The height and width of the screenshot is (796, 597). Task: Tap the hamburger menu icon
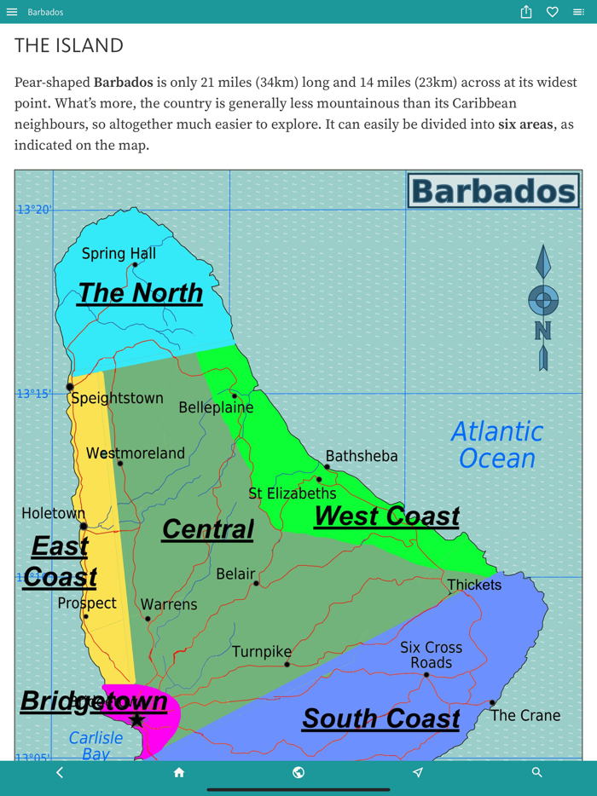pos(12,12)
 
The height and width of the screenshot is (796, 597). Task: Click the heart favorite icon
pos(553,12)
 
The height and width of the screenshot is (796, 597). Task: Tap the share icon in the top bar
pos(526,12)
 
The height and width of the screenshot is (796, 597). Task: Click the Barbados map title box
pos(493,191)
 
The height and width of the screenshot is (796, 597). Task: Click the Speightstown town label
pos(117,399)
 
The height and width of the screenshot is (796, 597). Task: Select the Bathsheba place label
pos(362,456)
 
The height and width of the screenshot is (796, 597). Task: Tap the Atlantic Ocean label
pos(496,445)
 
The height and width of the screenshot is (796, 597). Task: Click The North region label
pos(140,293)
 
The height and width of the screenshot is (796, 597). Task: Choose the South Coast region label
pos(380,718)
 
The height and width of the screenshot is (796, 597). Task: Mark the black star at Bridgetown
pos(136,720)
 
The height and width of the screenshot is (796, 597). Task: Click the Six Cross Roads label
pos(431,655)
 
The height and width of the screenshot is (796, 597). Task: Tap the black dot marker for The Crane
pos(492,703)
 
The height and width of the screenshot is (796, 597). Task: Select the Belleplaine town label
pos(216,407)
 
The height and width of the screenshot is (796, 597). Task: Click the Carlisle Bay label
pos(96,746)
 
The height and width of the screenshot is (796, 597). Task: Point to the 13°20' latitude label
pos(34,210)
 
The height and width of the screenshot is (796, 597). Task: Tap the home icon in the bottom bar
pos(179,772)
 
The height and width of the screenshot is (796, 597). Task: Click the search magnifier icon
pos(536,772)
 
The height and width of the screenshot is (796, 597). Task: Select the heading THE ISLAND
pos(69,45)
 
